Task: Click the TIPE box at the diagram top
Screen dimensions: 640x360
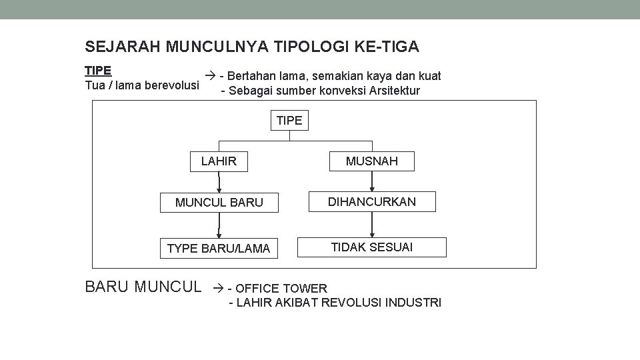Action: (x=289, y=121)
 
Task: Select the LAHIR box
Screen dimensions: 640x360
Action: (x=219, y=161)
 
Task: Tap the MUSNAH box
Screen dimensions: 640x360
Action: (x=372, y=161)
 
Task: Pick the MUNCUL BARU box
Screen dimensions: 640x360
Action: (x=219, y=202)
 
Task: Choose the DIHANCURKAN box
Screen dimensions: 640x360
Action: (x=373, y=201)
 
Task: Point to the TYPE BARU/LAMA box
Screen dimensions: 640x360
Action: (x=219, y=249)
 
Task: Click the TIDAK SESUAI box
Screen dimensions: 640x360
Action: (x=372, y=247)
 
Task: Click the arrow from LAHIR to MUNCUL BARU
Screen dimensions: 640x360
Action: (x=219, y=182)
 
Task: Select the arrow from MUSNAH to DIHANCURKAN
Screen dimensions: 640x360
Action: (x=373, y=181)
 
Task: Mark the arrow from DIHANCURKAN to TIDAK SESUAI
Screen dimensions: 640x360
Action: (x=373, y=224)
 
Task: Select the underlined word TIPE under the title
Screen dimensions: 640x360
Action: (x=98, y=71)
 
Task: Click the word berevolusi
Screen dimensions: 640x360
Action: (x=169, y=85)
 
